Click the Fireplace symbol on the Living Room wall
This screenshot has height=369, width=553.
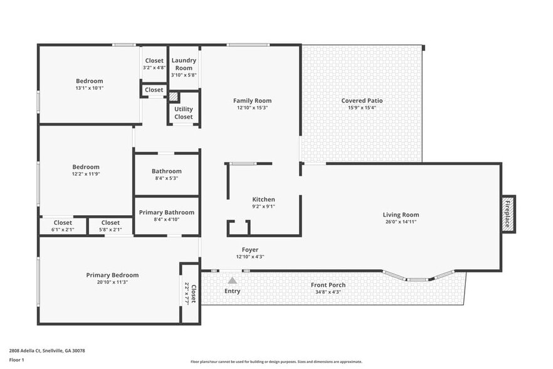(509, 214)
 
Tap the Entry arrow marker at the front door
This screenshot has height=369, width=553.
(232, 281)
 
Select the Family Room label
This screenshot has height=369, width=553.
(252, 100)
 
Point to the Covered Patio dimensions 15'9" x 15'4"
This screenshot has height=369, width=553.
(362, 108)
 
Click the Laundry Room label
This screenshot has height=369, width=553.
(184, 64)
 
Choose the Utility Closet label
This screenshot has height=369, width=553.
(184, 113)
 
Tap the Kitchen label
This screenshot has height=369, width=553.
(263, 200)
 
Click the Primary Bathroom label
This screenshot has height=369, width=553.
(167, 212)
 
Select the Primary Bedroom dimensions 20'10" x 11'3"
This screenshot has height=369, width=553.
(112, 282)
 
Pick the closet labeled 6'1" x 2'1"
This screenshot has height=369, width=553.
(63, 226)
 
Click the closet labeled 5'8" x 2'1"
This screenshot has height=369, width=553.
(110, 226)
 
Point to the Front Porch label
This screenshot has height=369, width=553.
(328, 285)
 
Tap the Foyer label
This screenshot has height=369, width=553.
(250, 250)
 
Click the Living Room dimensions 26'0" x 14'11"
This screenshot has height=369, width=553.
(401, 222)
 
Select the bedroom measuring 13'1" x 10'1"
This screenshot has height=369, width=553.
(90, 84)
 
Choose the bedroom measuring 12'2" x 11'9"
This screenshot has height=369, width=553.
(86, 170)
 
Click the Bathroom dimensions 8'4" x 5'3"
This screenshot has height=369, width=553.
(167, 178)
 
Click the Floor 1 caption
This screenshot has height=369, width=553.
(16, 360)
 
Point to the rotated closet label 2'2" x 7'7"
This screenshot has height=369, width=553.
(190, 294)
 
